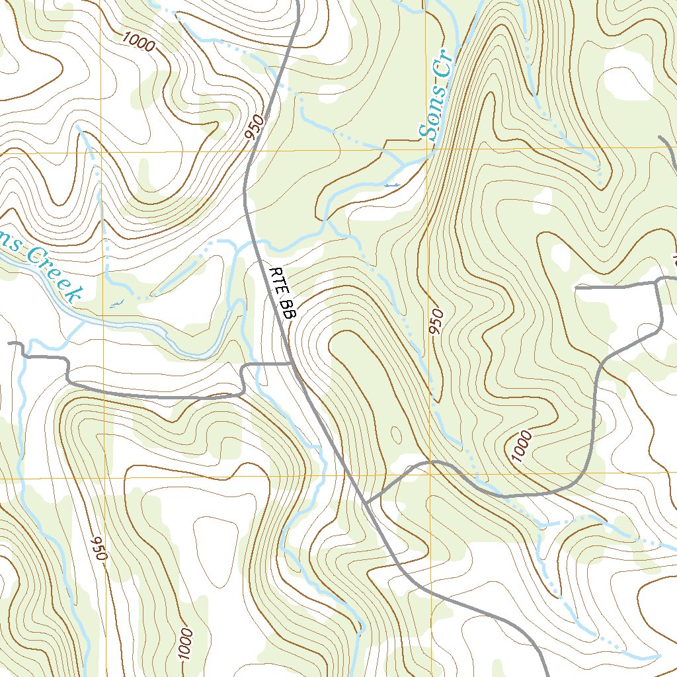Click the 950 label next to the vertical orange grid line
[x=437, y=321]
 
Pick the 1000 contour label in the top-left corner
[x=139, y=42]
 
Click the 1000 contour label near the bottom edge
[x=185, y=644]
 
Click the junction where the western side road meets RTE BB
[x=293, y=363]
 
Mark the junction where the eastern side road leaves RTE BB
[x=366, y=502]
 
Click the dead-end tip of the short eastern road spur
[x=577, y=288]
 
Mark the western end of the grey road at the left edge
[x=9, y=344]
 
